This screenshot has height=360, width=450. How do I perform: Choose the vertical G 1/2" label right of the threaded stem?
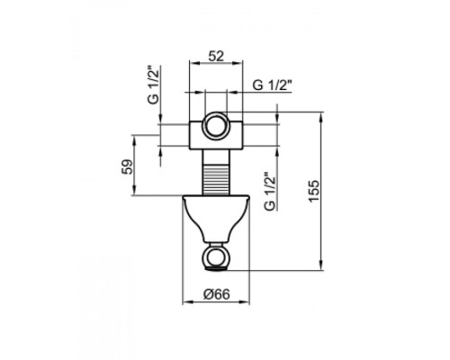268,192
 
